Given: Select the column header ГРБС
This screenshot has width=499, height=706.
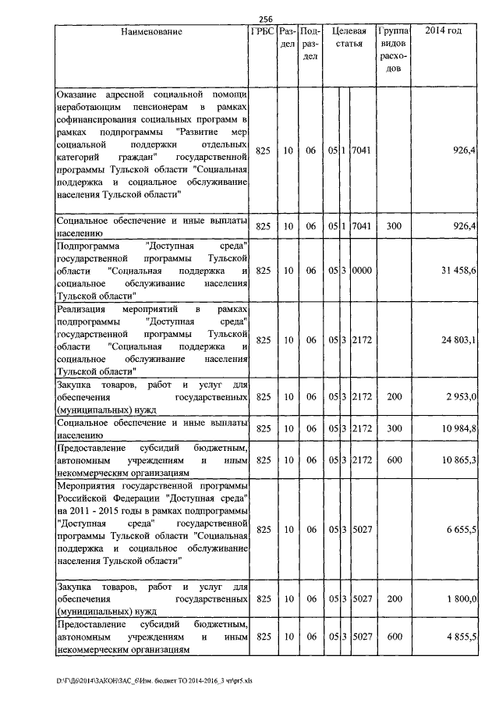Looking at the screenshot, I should pyautogui.click(x=262, y=33).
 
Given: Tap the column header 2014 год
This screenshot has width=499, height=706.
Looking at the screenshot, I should pyautogui.click(x=445, y=32).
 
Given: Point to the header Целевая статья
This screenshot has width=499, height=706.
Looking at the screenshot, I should pyautogui.click(x=348, y=39).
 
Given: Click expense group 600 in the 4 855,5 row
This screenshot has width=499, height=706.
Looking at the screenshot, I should pyautogui.click(x=395, y=637).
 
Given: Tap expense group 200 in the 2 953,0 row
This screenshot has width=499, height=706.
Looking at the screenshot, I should pyautogui.click(x=395, y=398).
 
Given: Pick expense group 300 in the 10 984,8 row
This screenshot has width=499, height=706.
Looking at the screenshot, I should pyautogui.click(x=395, y=428).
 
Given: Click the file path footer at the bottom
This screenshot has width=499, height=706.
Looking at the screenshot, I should pyautogui.click(x=154, y=687).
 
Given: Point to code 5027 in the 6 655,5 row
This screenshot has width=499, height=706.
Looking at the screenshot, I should pyautogui.click(x=363, y=529).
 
